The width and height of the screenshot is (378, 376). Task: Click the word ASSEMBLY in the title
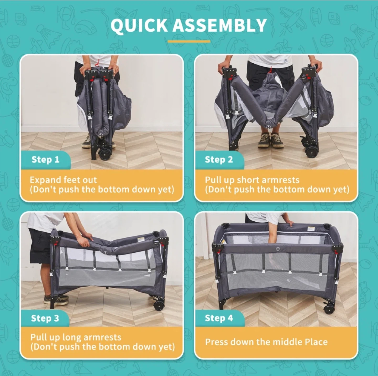coord(219,25)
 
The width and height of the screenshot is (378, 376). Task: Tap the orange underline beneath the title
coord(189,42)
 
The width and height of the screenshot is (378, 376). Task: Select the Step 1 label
coord(45,159)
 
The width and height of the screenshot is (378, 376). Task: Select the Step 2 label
coord(219,159)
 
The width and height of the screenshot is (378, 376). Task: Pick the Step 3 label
coord(45,318)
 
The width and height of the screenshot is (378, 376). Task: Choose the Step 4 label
coord(219,318)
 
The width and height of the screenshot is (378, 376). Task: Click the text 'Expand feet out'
coord(63,180)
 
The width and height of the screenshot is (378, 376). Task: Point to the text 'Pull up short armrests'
coord(252,180)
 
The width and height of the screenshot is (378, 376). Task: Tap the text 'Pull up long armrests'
coord(76,337)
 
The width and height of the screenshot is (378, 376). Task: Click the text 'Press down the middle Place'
coord(266,342)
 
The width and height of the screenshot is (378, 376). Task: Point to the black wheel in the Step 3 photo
coord(159,306)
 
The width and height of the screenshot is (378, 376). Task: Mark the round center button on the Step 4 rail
coord(277,249)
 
